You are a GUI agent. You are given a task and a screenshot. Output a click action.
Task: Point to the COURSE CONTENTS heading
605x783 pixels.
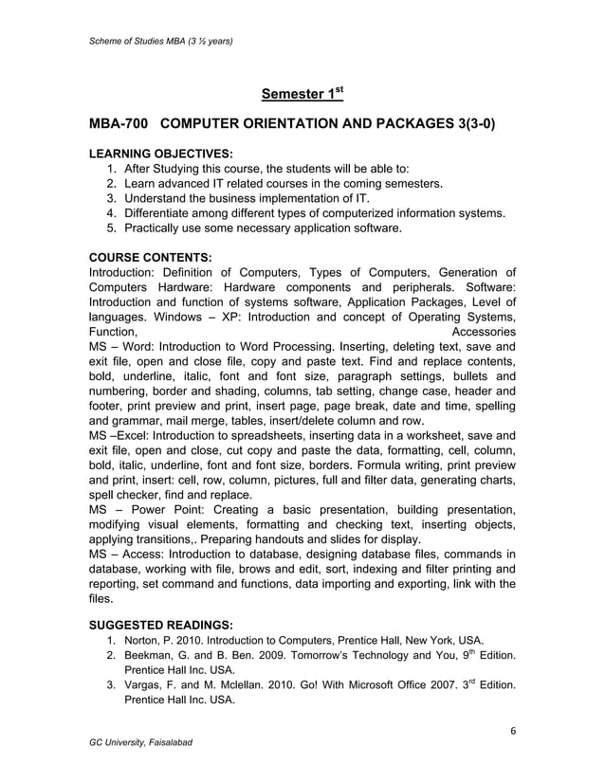pos(150,256)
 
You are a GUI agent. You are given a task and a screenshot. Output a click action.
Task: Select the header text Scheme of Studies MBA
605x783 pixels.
pos(139,41)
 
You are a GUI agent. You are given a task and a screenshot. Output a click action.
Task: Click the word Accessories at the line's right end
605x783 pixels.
pos(484,333)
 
